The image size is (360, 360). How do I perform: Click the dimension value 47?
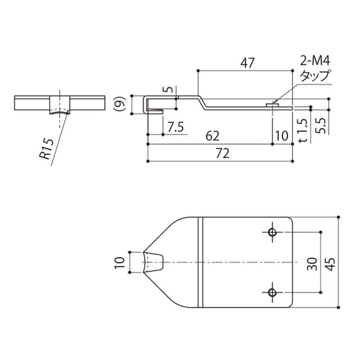(247, 63)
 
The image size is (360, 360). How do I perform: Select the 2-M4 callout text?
(315, 62)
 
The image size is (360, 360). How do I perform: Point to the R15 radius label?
(47, 149)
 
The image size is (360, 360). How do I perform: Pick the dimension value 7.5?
(175, 127)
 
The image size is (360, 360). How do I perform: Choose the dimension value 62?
(212, 136)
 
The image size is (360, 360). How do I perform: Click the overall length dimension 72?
(222, 153)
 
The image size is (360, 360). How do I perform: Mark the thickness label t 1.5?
(303, 130)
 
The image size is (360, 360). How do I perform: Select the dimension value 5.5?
(320, 126)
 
